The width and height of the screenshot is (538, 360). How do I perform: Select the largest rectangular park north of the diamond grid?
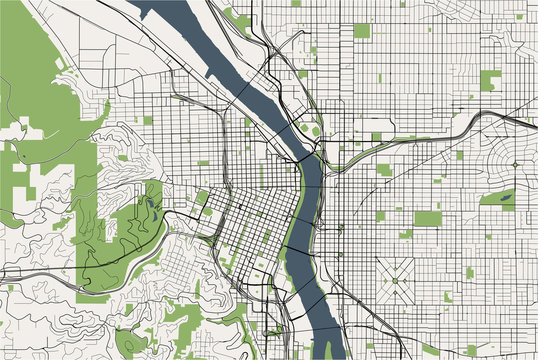(x=427, y=218)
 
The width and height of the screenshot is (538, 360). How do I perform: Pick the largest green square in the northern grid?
(x=361, y=31)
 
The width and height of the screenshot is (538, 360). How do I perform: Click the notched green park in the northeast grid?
(x=490, y=81)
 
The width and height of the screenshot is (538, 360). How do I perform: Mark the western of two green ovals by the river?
(x=302, y=127)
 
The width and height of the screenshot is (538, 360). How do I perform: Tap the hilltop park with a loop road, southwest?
(x=130, y=341)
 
